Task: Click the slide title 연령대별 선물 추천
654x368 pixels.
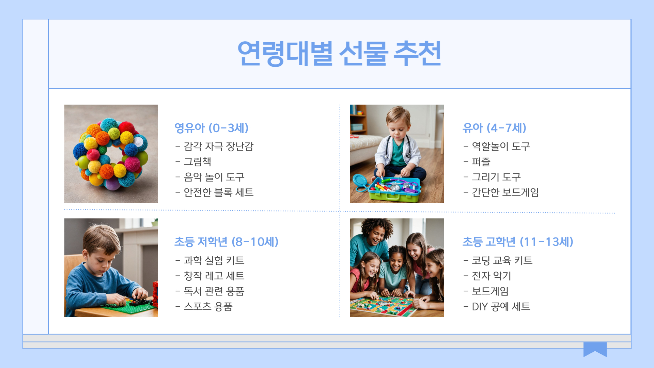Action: (x=339, y=53)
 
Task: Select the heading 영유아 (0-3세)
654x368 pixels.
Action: (x=211, y=128)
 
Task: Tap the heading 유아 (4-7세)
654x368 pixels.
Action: (x=494, y=128)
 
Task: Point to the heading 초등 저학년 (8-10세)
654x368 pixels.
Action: (x=226, y=242)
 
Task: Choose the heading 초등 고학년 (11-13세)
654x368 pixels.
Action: (x=518, y=242)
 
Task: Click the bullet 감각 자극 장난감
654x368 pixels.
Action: (x=218, y=147)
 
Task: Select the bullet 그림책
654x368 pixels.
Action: (x=197, y=162)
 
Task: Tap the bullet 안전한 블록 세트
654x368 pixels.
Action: (x=218, y=193)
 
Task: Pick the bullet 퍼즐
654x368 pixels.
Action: (x=481, y=162)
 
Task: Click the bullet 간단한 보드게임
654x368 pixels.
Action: (x=505, y=193)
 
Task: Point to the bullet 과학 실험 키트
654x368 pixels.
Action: (x=214, y=261)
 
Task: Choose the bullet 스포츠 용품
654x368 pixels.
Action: (x=208, y=307)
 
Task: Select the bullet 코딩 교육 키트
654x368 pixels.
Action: (x=502, y=261)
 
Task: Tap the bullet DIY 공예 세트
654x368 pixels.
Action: (x=501, y=307)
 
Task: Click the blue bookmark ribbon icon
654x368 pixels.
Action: (x=595, y=349)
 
